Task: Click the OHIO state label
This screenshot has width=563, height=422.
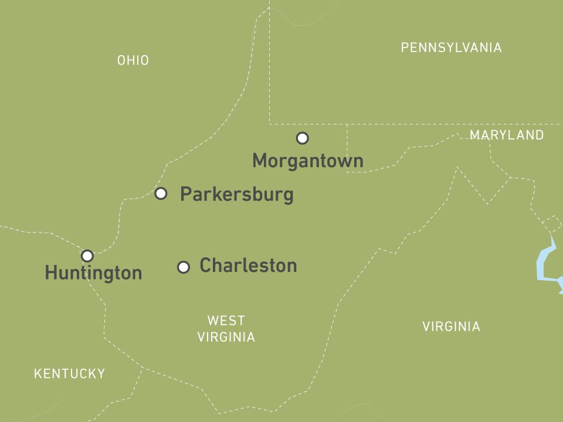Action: click(133, 60)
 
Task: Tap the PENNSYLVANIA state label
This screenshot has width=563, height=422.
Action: click(451, 48)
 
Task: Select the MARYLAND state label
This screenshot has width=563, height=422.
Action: click(507, 135)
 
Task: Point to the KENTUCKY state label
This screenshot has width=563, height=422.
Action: click(69, 374)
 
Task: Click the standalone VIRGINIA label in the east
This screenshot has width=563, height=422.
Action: click(451, 327)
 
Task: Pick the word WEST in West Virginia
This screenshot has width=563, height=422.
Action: click(226, 321)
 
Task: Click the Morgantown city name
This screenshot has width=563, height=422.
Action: click(307, 161)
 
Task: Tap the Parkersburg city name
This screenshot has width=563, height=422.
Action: click(236, 194)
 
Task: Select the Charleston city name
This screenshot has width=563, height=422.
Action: click(248, 266)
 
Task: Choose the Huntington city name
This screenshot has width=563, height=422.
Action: click(93, 273)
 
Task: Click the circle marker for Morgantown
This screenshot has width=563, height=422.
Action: click(302, 138)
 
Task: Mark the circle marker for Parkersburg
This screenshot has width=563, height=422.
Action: click(161, 193)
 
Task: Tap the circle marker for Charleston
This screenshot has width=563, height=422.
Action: click(184, 267)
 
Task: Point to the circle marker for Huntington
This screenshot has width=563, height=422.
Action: click(87, 256)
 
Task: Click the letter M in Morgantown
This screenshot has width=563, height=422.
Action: click(260, 161)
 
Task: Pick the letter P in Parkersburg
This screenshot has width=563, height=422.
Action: click(185, 194)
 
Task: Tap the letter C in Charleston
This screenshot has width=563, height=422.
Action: click(205, 266)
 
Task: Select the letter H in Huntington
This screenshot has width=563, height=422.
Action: click(51, 273)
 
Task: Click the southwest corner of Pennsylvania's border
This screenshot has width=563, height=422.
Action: click(270, 124)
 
